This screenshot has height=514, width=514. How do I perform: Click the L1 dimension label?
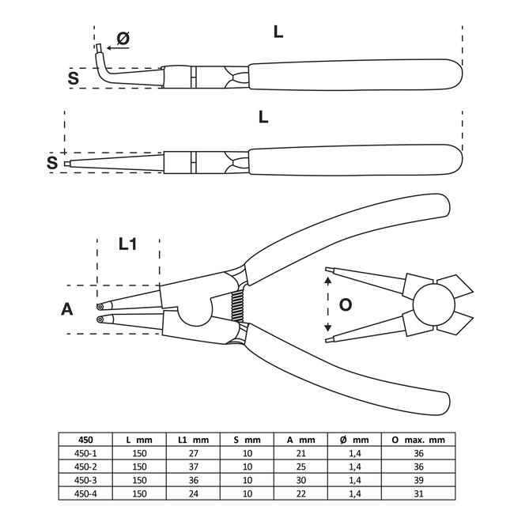(127, 246)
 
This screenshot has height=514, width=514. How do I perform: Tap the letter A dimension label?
(68, 309)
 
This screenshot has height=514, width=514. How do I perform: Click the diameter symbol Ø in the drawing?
(123, 39)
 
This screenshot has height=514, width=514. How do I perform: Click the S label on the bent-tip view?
(73, 77)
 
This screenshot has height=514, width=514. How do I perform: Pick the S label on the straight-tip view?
(51, 163)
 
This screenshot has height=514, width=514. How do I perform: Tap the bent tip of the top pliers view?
(100, 59)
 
